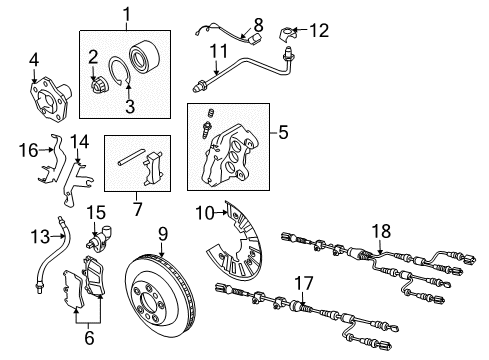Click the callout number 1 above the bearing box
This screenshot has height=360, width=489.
(x=126, y=15)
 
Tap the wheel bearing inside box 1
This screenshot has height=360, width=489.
(x=145, y=56)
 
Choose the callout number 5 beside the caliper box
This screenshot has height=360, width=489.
(x=283, y=132)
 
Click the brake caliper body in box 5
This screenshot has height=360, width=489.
(x=231, y=154)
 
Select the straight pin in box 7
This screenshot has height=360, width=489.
(x=131, y=157)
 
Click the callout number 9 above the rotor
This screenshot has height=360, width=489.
(x=162, y=234)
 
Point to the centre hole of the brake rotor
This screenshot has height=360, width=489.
(x=147, y=301)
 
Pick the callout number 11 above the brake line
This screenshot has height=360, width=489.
(x=219, y=51)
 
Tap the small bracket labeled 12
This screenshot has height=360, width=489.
(x=288, y=35)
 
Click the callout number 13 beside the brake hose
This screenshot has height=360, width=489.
(x=40, y=237)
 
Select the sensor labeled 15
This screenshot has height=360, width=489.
(x=99, y=240)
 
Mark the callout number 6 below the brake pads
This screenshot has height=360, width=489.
(x=89, y=338)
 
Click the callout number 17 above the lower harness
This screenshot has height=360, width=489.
(x=304, y=283)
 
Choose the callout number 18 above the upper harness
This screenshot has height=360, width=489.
(x=381, y=231)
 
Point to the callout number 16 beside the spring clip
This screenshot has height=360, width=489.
(x=29, y=150)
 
